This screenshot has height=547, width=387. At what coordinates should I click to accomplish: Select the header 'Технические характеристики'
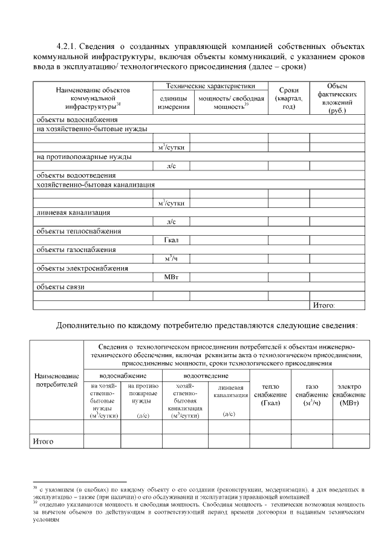click(210, 86)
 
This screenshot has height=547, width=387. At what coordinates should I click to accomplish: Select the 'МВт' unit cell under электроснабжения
click(172, 277)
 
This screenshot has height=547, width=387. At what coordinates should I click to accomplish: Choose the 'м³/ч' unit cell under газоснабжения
click(171, 259)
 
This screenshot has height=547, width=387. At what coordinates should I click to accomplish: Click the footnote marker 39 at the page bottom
click(35, 501)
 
